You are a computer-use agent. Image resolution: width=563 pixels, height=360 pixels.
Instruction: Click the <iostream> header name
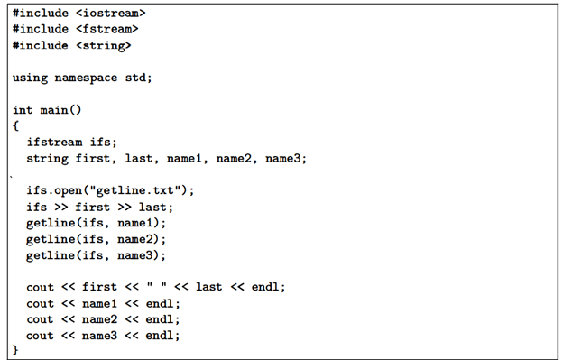click(110, 14)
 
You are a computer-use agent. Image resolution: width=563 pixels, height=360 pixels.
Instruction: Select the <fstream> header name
click(106, 29)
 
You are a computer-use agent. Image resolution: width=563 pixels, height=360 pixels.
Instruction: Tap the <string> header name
click(103, 44)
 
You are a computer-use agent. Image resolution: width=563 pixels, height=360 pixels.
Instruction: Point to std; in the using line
click(138, 78)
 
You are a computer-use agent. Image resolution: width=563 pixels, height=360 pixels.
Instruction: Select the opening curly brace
click(16, 125)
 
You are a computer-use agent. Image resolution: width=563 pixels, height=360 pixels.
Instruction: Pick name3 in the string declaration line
click(286, 158)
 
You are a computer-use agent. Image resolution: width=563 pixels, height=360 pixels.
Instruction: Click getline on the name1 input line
click(51, 223)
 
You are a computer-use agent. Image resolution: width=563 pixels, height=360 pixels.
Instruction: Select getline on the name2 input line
click(51, 239)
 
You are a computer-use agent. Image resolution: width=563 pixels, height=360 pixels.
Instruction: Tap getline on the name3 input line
click(51, 255)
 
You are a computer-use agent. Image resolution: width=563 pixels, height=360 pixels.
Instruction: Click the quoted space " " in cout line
click(165, 287)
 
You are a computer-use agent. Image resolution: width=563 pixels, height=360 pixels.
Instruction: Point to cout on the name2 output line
click(41, 319)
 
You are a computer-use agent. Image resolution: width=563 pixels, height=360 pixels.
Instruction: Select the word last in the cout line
click(209, 287)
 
